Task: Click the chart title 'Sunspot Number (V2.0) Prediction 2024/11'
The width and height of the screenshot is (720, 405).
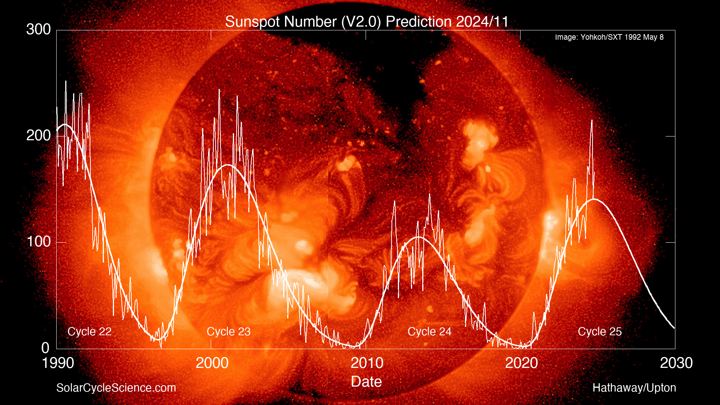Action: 367,22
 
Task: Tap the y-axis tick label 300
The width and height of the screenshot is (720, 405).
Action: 38,30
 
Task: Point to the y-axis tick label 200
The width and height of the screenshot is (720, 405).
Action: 38,135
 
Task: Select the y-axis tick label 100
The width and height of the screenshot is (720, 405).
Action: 38,241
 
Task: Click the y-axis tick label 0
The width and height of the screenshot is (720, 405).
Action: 45,348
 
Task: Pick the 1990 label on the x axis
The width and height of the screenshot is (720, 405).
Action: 58,363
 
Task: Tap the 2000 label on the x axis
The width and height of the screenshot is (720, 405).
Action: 212,363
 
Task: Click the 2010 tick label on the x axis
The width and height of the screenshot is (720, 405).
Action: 367,363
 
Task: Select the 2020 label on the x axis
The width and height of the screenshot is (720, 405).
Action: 521,363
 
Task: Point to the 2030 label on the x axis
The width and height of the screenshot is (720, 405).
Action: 676,363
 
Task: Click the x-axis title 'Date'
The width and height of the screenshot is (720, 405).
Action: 366,382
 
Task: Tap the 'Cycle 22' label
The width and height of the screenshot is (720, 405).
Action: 89,331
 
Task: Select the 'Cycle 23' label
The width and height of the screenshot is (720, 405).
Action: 228,331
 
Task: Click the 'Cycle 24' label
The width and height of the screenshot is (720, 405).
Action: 429,331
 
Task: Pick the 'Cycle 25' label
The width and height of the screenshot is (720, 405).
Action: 600,331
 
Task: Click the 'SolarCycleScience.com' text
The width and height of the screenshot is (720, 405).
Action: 116,388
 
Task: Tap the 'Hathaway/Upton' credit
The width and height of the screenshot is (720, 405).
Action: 634,388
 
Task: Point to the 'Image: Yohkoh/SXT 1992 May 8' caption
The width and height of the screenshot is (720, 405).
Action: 609,37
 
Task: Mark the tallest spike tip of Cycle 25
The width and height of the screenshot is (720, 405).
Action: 592,120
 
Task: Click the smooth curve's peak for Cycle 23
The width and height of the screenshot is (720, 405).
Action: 228,165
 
